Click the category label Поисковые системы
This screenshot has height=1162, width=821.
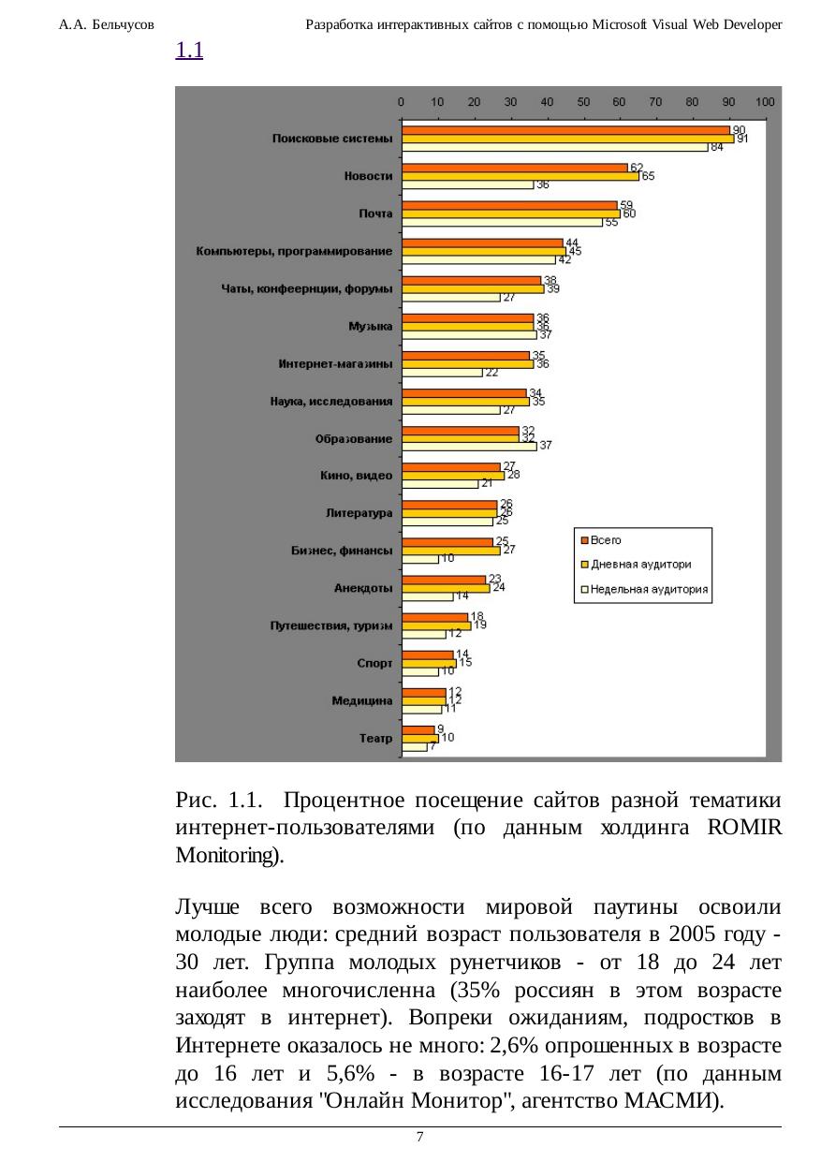pyautogui.click(x=332, y=139)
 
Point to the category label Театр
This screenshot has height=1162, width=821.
pyautogui.click(x=376, y=738)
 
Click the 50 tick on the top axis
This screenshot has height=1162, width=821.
pyautogui.click(x=583, y=101)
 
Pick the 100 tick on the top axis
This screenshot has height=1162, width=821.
pyautogui.click(x=765, y=101)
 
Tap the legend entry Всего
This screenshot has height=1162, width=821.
pyautogui.click(x=605, y=540)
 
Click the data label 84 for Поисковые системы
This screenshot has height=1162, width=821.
pyautogui.click(x=716, y=148)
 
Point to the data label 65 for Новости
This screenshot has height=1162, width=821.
pyautogui.click(x=647, y=176)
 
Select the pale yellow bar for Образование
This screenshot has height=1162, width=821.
pyautogui.click(x=469, y=447)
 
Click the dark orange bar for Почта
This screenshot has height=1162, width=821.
pyautogui.click(x=509, y=205)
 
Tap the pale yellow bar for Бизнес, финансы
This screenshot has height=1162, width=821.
pyautogui.click(x=420, y=559)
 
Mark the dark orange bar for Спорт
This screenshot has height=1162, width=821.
pyautogui.click(x=428, y=655)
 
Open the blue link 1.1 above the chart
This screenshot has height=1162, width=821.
pyautogui.click(x=190, y=51)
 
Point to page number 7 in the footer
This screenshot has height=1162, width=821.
pyautogui.click(x=420, y=1137)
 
